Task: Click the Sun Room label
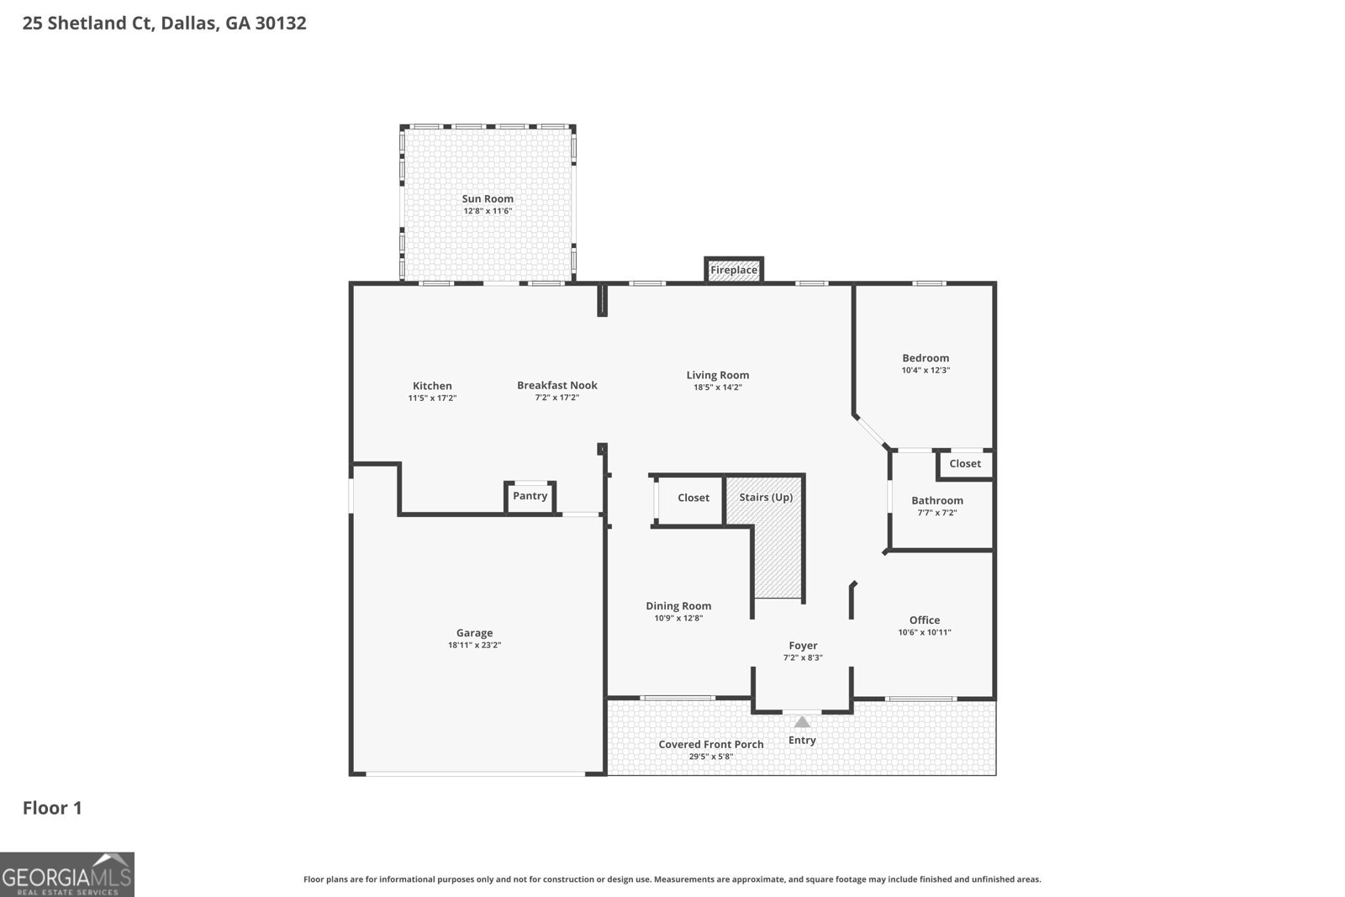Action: tap(488, 199)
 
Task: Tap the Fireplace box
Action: tap(734, 270)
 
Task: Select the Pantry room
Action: tap(530, 496)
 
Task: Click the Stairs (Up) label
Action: tap(766, 497)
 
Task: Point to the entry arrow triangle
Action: tap(802, 721)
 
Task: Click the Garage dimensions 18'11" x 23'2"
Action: tap(474, 646)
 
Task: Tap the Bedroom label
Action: tap(926, 358)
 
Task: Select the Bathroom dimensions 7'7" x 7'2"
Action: tap(936, 513)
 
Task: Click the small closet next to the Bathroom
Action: tap(965, 464)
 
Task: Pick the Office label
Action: tap(924, 620)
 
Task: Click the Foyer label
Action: tap(803, 646)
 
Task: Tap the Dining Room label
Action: tap(678, 606)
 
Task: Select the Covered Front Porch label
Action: tap(711, 744)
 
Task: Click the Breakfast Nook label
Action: tap(557, 386)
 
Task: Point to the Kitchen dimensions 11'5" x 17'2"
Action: tap(432, 398)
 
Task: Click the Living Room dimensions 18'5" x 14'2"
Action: tap(717, 388)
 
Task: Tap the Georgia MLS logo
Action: tap(67, 874)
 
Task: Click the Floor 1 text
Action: tap(52, 808)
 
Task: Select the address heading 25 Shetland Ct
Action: tap(164, 23)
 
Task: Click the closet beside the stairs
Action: tap(693, 498)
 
